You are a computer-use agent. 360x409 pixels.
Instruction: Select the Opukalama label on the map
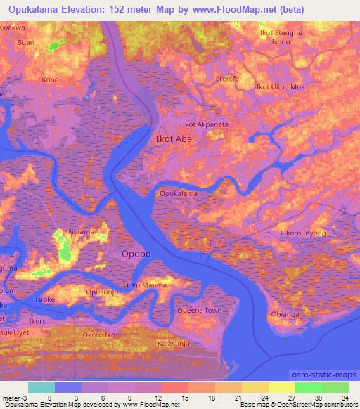(x=179, y=193)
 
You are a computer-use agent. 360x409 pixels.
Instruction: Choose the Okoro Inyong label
(x=303, y=233)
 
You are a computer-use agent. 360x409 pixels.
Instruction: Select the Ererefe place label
(x=228, y=79)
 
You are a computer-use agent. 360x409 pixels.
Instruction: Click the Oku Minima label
(x=147, y=285)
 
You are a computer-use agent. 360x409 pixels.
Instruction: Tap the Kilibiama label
(x=79, y=231)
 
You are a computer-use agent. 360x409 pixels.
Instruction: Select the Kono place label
(x=50, y=79)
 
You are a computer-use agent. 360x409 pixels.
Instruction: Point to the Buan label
(x=25, y=42)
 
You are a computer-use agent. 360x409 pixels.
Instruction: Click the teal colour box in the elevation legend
(x=41, y=387)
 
